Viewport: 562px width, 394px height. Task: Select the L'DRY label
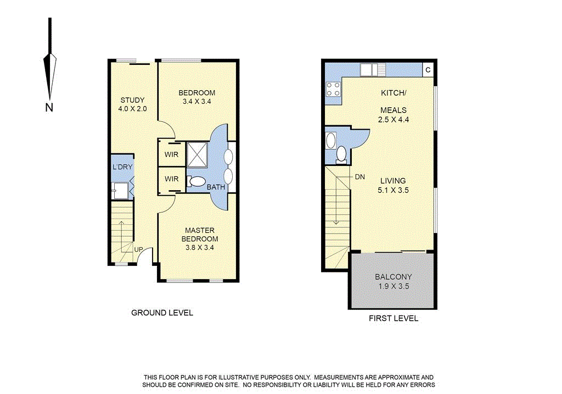[x=122, y=167]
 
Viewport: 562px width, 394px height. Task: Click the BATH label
[x=216, y=187]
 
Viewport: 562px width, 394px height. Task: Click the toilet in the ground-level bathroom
[x=196, y=182]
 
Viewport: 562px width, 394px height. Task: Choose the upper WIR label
[x=171, y=155]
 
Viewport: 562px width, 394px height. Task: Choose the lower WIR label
[x=171, y=179]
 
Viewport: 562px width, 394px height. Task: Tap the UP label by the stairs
[x=139, y=249]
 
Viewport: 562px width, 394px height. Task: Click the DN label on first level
[x=360, y=177]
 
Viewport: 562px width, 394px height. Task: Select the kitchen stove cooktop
[x=332, y=89]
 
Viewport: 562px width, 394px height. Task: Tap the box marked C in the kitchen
[x=428, y=70]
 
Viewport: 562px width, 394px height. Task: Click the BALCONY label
[x=393, y=277]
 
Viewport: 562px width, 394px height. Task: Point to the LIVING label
[x=392, y=181]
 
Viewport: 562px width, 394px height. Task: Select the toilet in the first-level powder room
[x=341, y=154]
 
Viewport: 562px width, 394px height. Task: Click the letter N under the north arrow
[x=49, y=108]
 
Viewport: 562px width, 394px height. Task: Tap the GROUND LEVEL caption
[x=162, y=313]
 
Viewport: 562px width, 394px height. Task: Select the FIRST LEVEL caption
[x=393, y=318]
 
